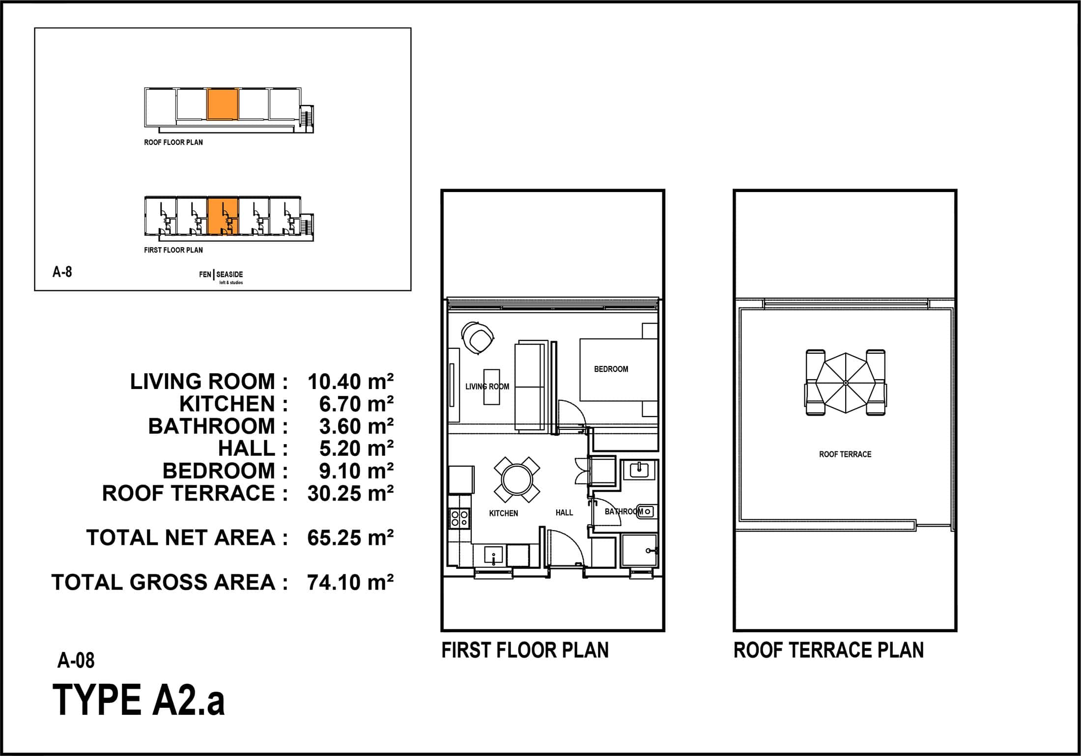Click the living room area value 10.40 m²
[x=350, y=382]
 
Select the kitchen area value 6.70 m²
[x=356, y=404]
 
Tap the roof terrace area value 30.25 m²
[x=350, y=493]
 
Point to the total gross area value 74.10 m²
[x=350, y=582]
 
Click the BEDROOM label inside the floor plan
[x=611, y=369]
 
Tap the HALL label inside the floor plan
[x=564, y=512]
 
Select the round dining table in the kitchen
[x=516, y=479]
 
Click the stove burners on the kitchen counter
[x=460, y=518]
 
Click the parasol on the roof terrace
[x=845, y=383]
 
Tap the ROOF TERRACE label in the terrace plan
[x=845, y=454]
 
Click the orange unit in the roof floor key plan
[x=223, y=104]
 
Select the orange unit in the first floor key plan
[x=223, y=216]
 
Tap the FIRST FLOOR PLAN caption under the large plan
[x=525, y=650]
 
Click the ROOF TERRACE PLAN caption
[x=828, y=650]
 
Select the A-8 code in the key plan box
[x=62, y=272]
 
